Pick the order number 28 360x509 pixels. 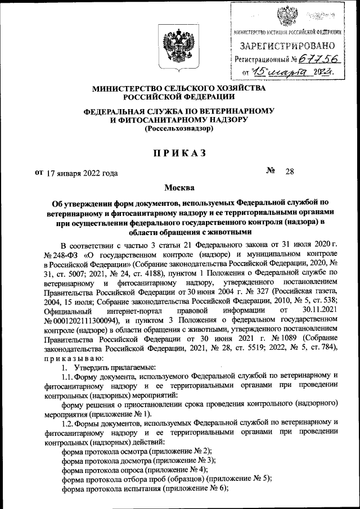click(290, 173)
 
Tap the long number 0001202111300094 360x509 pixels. click(86, 319)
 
